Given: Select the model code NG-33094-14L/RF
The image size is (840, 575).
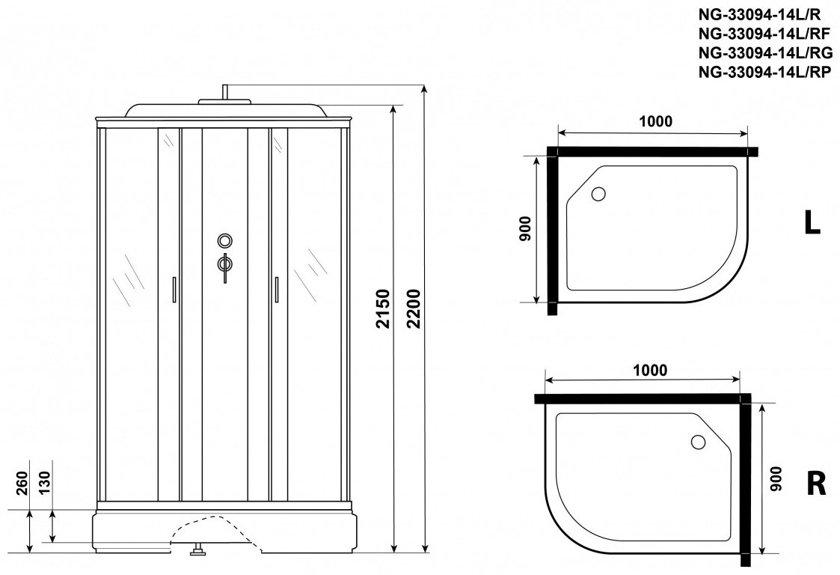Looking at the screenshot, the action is click(764, 34).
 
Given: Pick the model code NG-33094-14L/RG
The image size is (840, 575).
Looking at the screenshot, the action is click(765, 52).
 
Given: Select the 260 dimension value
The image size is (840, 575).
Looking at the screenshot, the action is click(22, 483).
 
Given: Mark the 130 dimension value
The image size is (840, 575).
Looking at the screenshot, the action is click(44, 483).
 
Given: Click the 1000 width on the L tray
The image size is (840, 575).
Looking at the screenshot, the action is click(656, 122).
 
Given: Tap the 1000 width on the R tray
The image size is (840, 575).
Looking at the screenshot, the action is click(650, 370).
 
